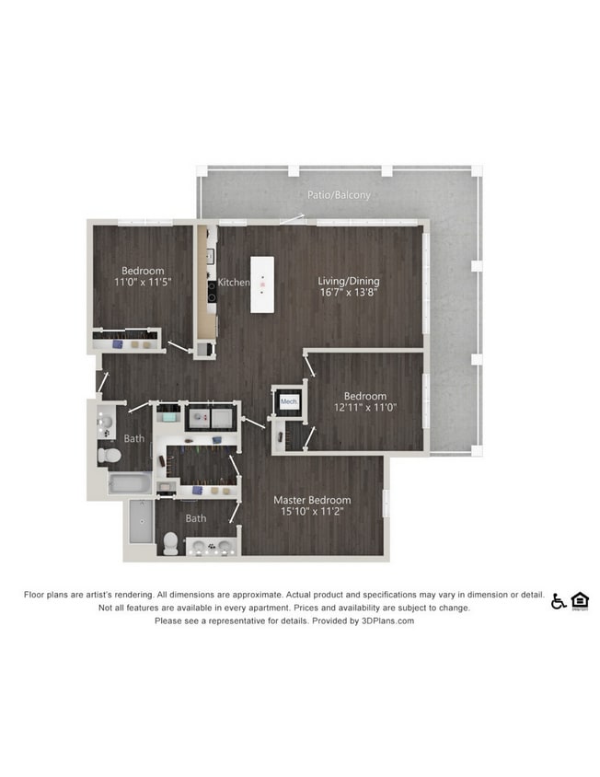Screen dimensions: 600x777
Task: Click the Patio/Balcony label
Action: [x=339, y=195]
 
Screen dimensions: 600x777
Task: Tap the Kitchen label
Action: [x=234, y=282]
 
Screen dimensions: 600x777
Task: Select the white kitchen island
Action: [x=262, y=284]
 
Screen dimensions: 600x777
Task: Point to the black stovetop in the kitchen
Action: [x=212, y=291]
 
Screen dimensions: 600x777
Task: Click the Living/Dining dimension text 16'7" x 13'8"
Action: [x=349, y=292]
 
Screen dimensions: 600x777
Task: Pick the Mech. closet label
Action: [x=289, y=401]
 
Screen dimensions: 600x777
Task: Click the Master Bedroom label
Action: [x=312, y=500]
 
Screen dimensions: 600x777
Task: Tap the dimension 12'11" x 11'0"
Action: [x=365, y=407]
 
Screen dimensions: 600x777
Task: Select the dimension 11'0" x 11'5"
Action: [x=143, y=282]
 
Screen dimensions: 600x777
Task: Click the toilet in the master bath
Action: [x=170, y=543]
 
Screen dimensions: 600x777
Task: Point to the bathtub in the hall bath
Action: [x=130, y=482]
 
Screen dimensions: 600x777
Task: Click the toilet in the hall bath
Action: [x=110, y=455]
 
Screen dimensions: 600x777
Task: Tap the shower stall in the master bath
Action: [x=142, y=521]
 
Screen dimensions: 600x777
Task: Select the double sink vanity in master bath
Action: [x=213, y=547]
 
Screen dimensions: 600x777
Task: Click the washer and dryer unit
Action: [x=211, y=418]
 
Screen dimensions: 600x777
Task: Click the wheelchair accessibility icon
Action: [x=559, y=601]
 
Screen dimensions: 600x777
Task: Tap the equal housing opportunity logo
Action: [x=580, y=601]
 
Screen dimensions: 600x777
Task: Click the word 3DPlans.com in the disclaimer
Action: [x=387, y=620]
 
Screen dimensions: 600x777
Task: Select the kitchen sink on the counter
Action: [x=210, y=256]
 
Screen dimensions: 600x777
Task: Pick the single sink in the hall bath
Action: [x=106, y=422]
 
